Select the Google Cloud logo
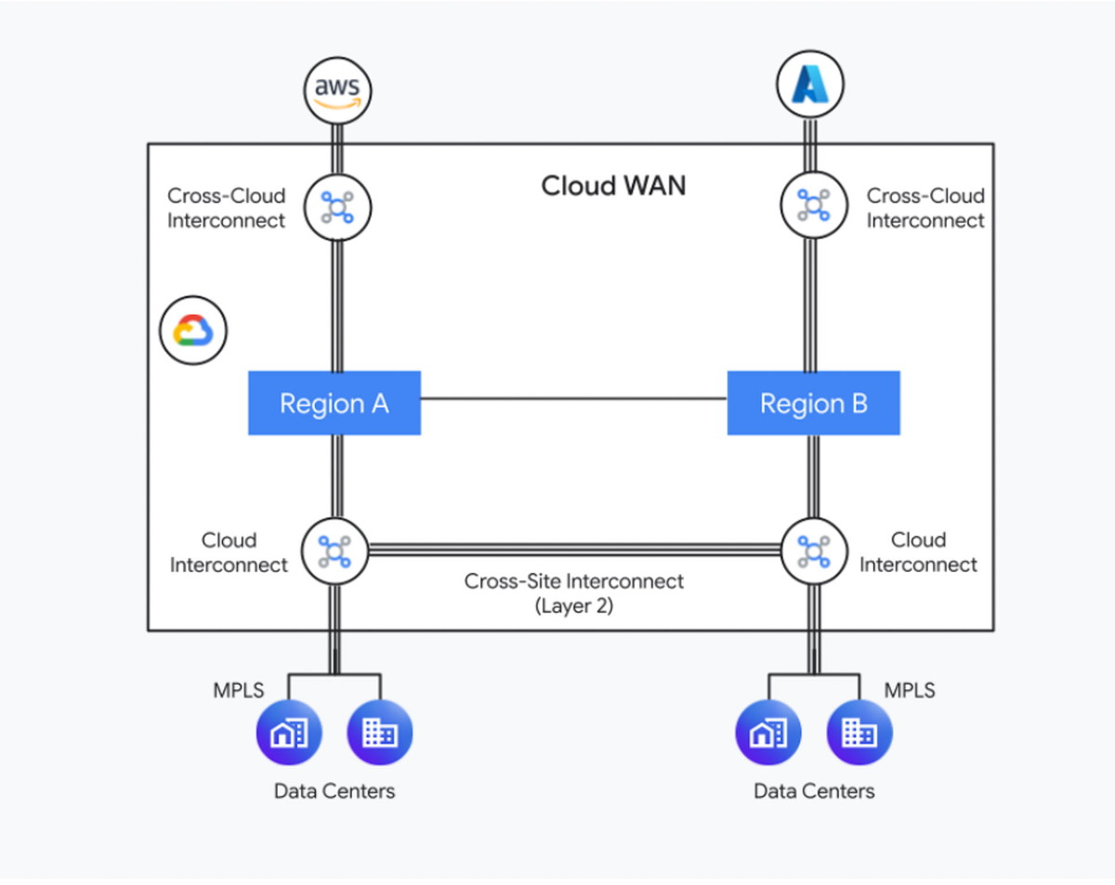(193, 331)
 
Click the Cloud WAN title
(613, 186)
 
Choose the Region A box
(334, 403)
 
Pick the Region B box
(813, 403)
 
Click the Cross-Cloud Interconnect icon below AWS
(336, 206)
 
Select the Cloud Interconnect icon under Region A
(334, 551)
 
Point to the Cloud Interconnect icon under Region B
(813, 551)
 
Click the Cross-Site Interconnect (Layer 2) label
(573, 593)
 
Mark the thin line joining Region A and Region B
(573, 398)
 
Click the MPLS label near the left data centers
(240, 691)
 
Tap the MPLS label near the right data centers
(909, 691)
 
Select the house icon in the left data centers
(288, 734)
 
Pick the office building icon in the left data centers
(379, 734)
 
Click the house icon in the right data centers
(767, 734)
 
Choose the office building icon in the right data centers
(859, 734)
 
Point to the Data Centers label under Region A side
(334, 791)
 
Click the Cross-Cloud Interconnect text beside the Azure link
(925, 209)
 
